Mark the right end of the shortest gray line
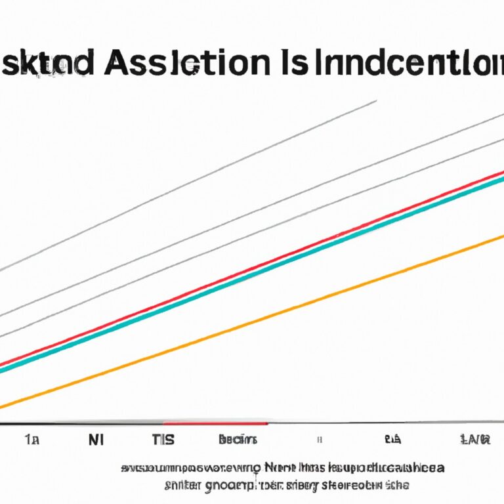point(376,100)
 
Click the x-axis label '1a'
point(31,440)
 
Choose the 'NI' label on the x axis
point(96,440)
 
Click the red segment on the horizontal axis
point(217,423)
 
